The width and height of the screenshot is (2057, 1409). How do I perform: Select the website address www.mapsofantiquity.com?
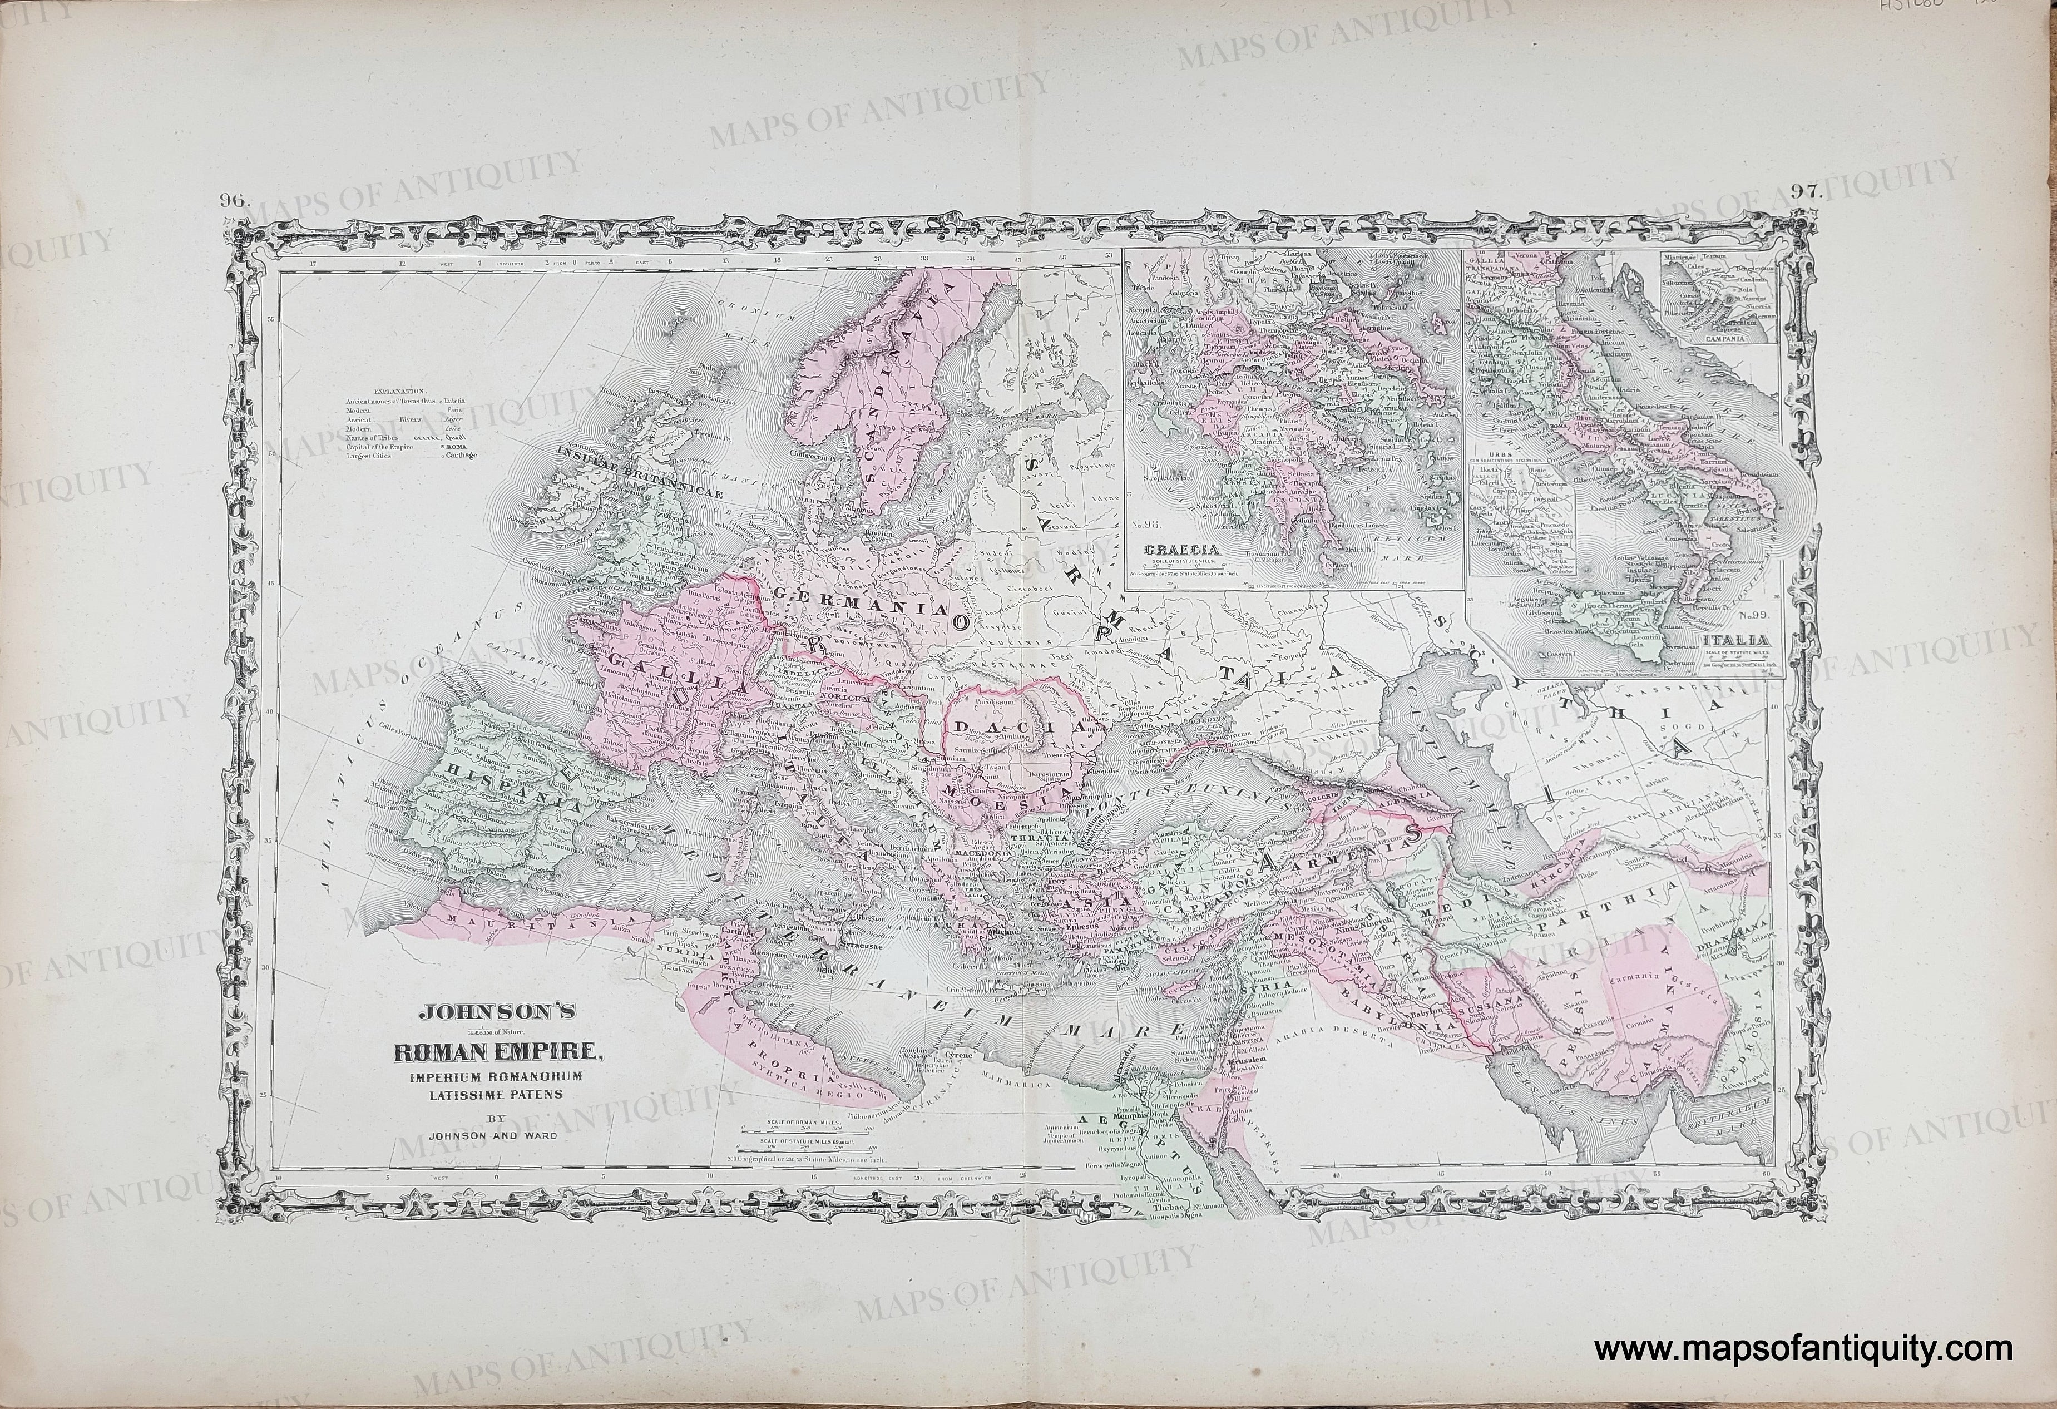click(x=1803, y=1349)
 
